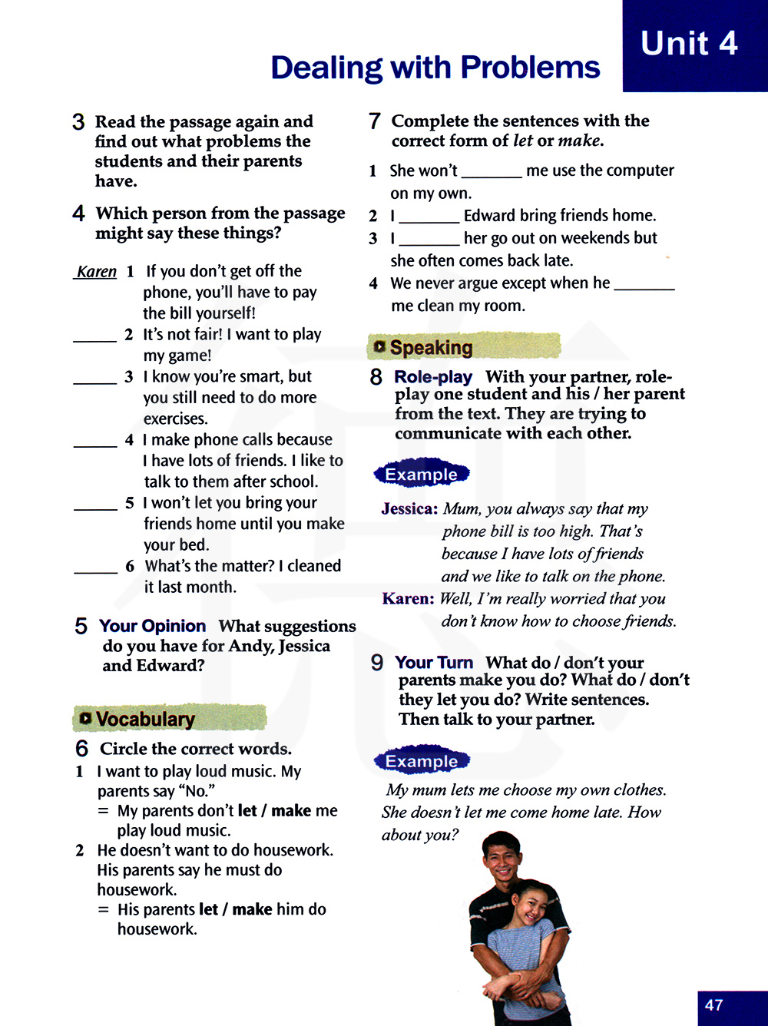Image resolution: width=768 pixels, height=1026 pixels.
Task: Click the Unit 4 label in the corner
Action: tap(689, 44)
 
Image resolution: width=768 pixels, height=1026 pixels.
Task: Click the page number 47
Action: tap(713, 1004)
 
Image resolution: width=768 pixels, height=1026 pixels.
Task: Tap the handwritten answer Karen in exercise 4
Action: tap(97, 272)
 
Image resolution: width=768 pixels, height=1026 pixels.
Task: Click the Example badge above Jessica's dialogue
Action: tap(421, 475)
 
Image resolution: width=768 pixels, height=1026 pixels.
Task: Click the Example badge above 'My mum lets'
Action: tap(421, 761)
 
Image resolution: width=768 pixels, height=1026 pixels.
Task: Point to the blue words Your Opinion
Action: tap(152, 626)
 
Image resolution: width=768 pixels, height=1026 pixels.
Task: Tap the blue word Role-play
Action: tap(432, 377)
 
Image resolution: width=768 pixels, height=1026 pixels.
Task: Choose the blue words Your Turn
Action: tap(433, 662)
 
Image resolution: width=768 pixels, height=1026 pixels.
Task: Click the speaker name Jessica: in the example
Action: tap(409, 509)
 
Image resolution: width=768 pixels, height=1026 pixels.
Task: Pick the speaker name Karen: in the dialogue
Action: tap(408, 599)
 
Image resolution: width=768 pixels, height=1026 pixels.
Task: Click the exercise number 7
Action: tap(375, 121)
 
